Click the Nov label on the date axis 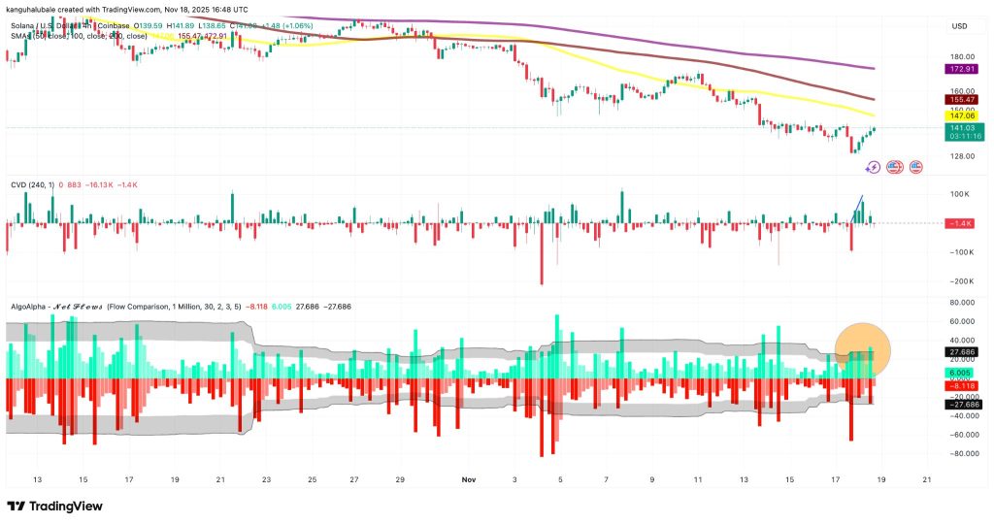(469, 479)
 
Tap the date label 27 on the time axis (357, 479)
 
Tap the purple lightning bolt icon (873, 167)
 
